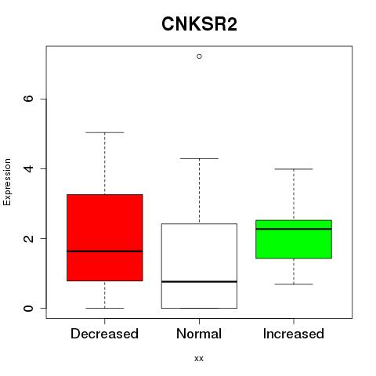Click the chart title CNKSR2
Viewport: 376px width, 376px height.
199,24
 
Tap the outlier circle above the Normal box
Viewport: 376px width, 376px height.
199,56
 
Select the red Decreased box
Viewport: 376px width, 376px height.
105,237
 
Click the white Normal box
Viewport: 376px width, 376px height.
199,266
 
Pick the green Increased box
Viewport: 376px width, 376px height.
294,239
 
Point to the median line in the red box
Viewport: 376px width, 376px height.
105,251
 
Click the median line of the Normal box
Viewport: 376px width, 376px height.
199,282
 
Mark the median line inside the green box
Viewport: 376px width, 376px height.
294,229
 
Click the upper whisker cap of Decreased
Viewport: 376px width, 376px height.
105,132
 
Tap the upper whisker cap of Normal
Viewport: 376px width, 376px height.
199,158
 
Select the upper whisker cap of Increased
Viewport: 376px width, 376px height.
294,169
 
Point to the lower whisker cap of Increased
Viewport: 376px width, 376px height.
294,284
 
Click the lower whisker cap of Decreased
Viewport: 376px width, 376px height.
105,308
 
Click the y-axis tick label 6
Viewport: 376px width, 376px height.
28,99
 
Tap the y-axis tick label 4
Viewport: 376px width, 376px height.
28,168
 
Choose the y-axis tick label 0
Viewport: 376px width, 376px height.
28,308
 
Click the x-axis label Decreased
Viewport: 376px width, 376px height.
104,334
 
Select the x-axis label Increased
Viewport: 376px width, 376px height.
294,334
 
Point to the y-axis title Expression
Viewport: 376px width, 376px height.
7,182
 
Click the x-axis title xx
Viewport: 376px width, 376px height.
199,359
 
